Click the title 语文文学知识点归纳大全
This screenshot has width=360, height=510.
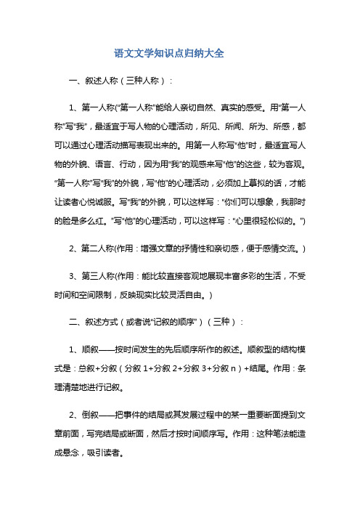click(179, 54)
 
